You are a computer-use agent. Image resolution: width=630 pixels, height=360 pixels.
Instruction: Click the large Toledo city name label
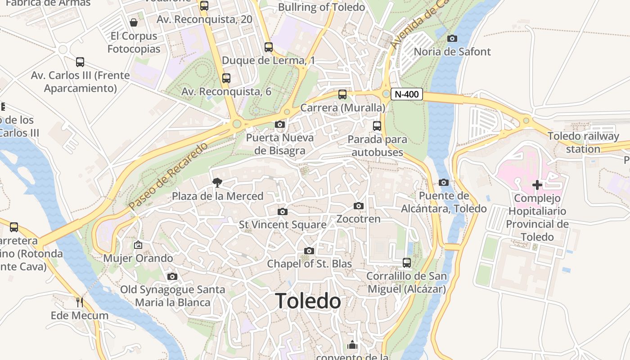point(308,301)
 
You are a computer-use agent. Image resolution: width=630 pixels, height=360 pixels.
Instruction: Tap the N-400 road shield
point(407,94)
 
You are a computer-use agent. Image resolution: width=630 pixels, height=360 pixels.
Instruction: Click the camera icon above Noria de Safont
point(452,38)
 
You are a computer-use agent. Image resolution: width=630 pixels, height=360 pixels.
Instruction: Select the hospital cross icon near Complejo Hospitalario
point(537,184)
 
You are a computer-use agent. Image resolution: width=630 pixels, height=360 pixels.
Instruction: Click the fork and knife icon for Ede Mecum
point(80,302)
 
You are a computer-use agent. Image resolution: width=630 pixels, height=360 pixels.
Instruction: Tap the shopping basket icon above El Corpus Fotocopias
point(134,22)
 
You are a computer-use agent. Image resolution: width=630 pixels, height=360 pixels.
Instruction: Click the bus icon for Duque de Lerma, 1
point(269,47)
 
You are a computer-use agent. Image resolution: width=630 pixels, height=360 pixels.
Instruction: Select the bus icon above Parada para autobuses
point(377,126)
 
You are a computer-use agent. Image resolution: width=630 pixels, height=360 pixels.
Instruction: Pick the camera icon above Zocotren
point(359,206)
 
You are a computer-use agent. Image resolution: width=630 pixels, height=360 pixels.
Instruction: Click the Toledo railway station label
point(583,143)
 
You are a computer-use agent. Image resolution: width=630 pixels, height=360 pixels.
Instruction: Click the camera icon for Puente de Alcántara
point(444,182)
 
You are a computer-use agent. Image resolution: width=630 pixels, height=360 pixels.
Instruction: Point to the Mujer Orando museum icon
point(138,245)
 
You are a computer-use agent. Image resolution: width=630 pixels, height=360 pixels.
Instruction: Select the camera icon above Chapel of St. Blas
point(309,251)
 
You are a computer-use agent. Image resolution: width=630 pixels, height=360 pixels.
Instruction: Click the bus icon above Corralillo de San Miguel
point(407,262)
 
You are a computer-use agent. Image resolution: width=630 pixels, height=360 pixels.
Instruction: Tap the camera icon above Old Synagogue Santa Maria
point(172,276)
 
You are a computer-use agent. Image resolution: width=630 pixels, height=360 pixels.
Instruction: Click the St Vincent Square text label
point(283,225)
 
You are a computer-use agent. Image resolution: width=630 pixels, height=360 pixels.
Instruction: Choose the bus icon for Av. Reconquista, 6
point(226,78)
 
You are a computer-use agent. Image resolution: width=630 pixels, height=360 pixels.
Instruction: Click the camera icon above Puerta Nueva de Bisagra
point(280,124)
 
